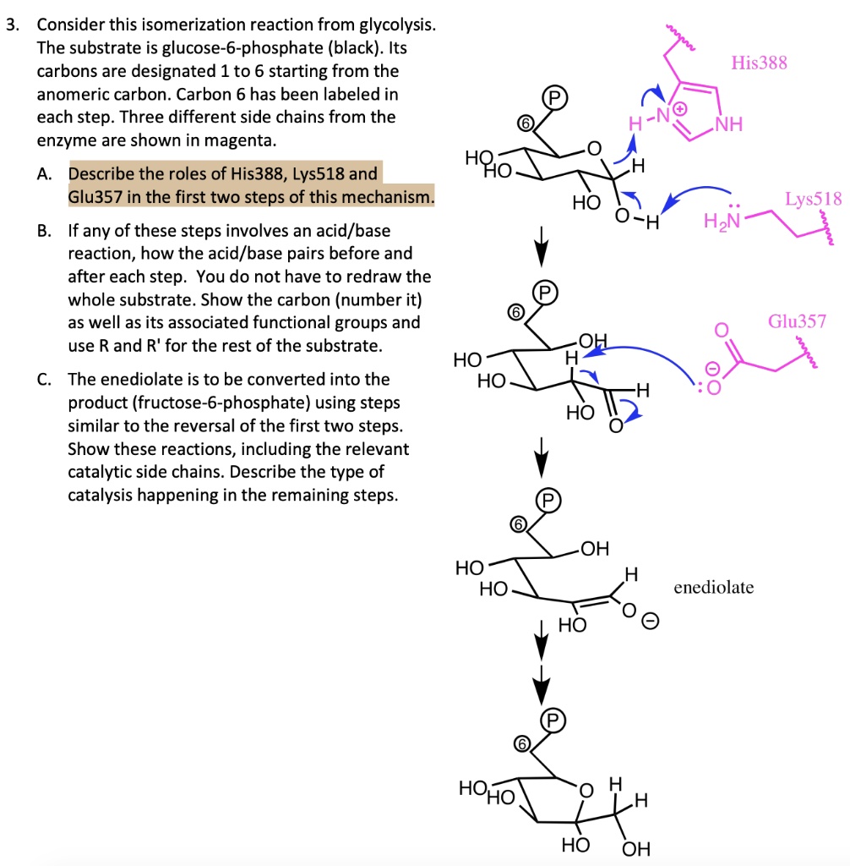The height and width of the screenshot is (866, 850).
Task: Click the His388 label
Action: tap(758, 63)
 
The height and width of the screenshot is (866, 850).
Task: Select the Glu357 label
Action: tap(797, 321)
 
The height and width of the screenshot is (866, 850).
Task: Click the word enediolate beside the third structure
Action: tap(713, 586)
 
